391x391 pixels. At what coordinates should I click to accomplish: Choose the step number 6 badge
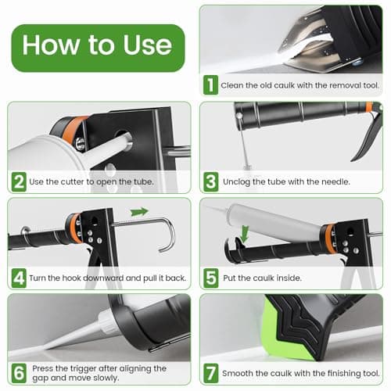pos(19,372)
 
